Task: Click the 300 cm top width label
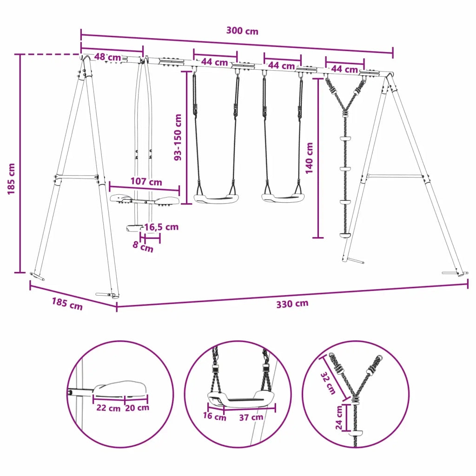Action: pyautogui.click(x=242, y=31)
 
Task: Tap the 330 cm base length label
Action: pyautogui.click(x=292, y=304)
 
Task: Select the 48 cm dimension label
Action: pyautogui.click(x=108, y=57)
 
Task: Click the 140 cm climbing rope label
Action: pyautogui.click(x=309, y=158)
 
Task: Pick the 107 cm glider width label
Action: pyautogui.click(x=146, y=182)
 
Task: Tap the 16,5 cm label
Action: pyautogui.click(x=161, y=227)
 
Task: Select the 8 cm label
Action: pyautogui.click(x=143, y=246)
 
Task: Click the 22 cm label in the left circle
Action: pyautogui.click(x=108, y=408)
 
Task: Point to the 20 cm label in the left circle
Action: pyautogui.click(x=137, y=408)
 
